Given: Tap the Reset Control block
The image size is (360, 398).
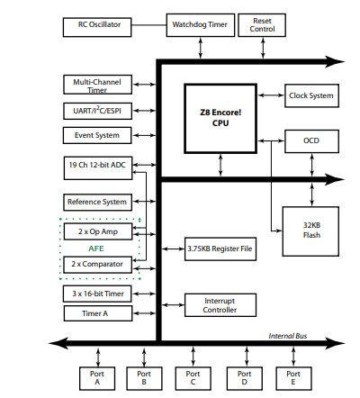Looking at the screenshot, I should [263, 25].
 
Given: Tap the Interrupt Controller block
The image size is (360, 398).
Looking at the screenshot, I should [219, 304].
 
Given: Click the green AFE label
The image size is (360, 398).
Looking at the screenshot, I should [95, 248].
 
